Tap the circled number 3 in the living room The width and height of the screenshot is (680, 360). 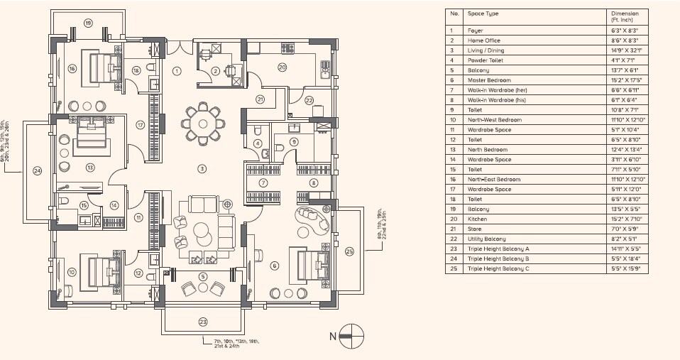tap(202, 168)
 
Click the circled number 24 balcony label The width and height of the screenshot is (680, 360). tap(37, 170)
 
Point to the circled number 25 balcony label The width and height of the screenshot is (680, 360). tap(349, 251)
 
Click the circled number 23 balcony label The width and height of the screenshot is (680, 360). tap(203, 322)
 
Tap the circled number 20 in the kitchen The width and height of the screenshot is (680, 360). tap(282, 67)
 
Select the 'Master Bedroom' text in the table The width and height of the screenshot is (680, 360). tap(485, 80)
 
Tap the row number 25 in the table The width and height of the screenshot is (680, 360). tap(451, 269)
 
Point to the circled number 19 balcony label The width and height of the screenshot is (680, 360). tap(88, 23)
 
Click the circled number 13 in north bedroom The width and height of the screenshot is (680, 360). tap(89, 168)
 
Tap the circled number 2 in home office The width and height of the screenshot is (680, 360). tap(215, 70)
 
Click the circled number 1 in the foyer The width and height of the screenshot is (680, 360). tap(177, 70)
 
